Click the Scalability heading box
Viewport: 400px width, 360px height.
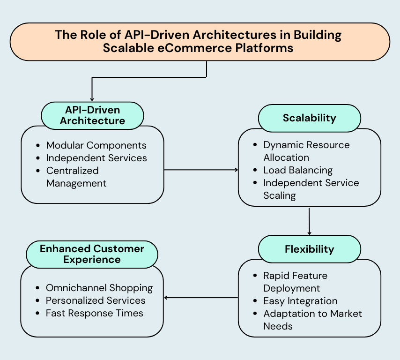[x=309, y=118]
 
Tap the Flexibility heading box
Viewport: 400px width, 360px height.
[x=309, y=249]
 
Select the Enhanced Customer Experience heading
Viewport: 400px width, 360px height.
[x=92, y=254]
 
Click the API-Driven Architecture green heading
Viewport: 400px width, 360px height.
[x=92, y=115]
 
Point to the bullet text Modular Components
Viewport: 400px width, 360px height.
[x=96, y=145]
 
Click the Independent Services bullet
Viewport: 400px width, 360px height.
[x=96, y=158]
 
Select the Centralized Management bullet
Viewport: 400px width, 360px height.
[x=76, y=177]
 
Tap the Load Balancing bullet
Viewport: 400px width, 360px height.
[x=297, y=170]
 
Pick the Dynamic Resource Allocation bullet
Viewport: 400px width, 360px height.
[x=306, y=151]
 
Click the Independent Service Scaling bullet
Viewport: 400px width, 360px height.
[x=311, y=189]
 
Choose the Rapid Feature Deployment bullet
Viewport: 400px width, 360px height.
[x=295, y=282]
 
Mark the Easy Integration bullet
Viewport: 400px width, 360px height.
[x=300, y=301]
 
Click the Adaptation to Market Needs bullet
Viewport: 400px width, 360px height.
[x=312, y=320]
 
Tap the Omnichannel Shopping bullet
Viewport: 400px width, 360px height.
[x=99, y=288]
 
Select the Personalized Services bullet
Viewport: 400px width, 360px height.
[x=95, y=300]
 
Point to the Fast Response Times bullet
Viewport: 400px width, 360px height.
[x=94, y=313]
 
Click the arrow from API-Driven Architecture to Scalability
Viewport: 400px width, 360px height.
[x=201, y=170]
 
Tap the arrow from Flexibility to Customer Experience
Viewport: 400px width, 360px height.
[x=201, y=297]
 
